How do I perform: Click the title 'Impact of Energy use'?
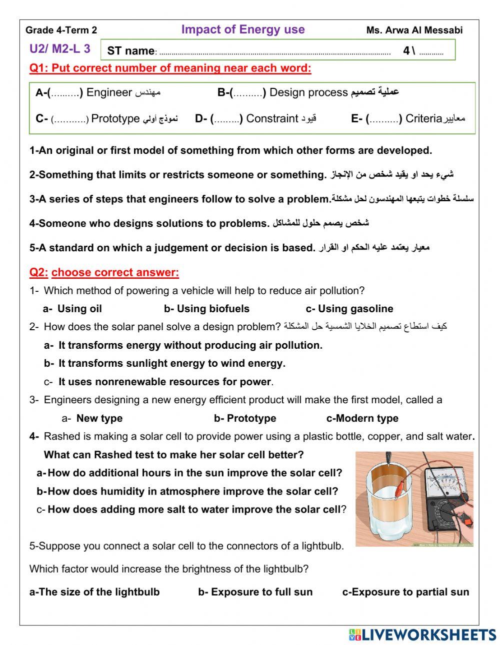tap(243, 29)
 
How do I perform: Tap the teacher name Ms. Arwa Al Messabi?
tap(414, 30)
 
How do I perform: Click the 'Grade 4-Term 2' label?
tap(61, 30)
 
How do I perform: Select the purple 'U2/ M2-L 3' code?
tap(60, 49)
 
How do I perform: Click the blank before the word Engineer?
tap(66, 93)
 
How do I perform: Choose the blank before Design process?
tap(248, 93)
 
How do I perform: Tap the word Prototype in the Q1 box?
tap(115, 119)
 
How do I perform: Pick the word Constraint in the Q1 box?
tap(272, 119)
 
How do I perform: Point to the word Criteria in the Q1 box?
tap(423, 119)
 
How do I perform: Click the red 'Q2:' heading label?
tap(38, 273)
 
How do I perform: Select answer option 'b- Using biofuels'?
tap(206, 309)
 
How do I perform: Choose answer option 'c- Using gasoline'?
tap(349, 309)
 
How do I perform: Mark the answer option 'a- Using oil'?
tap(72, 309)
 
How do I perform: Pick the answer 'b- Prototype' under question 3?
tap(245, 419)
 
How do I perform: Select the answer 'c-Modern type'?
tap(362, 419)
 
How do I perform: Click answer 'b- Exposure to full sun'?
tap(255, 592)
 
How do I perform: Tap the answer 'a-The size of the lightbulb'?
tap(94, 592)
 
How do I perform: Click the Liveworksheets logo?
tap(422, 635)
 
